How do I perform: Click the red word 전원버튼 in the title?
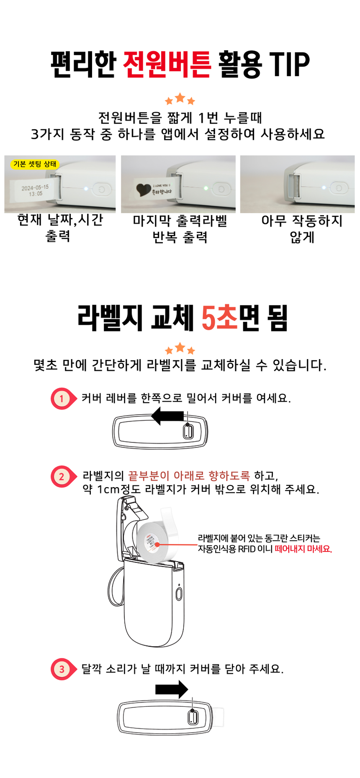pyautogui.click(x=167, y=64)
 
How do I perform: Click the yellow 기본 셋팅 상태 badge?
pyautogui.click(x=35, y=164)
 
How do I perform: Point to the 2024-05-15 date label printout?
pyautogui.click(x=35, y=190)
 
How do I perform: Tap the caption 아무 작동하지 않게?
pyautogui.click(x=302, y=229)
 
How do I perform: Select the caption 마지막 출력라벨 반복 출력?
pyautogui.click(x=180, y=229)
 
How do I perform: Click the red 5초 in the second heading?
pyautogui.click(x=219, y=318)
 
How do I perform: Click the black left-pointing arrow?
pyautogui.click(x=167, y=416)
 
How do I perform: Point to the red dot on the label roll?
pyautogui.click(x=157, y=544)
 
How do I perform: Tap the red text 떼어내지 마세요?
pyautogui.click(x=303, y=549)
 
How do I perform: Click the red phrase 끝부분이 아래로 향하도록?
pyautogui.click(x=189, y=475)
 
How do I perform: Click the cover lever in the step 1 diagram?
pyautogui.click(x=188, y=431)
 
